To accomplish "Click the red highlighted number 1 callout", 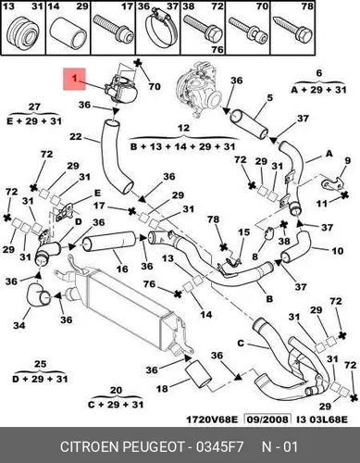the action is (74, 79).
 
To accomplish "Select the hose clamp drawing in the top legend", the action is (161, 31).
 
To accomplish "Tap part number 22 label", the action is (76, 136).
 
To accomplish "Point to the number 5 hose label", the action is (269, 98).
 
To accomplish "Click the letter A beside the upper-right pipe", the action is (329, 154).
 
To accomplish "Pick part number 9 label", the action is (348, 160).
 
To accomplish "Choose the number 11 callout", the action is (321, 204).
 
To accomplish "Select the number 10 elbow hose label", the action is (338, 251).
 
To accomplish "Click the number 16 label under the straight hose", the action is (122, 269).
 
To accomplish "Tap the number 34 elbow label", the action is (19, 325).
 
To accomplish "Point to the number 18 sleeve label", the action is (162, 388).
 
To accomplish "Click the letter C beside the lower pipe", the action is (241, 343).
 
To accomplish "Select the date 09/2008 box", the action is (267, 419).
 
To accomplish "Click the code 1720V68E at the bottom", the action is (212, 419).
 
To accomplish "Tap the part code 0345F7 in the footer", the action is (220, 447).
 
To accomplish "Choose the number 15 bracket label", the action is (243, 231).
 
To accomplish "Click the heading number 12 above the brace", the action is (183, 128).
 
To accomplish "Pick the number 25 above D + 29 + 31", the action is (40, 364).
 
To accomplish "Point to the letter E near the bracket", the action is (97, 194).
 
